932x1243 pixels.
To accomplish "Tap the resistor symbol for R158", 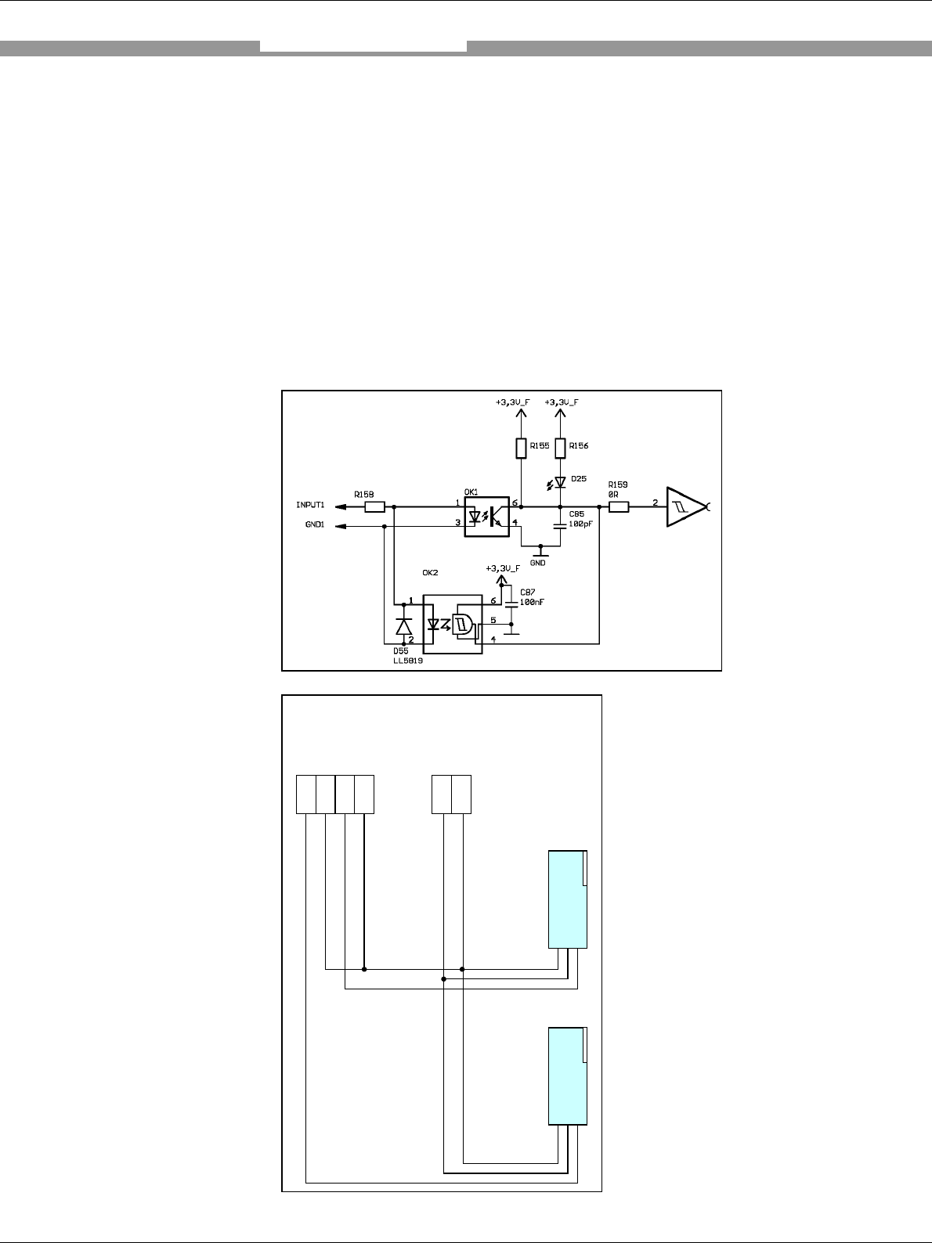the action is pos(375,506).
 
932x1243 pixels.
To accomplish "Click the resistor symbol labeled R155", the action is pos(521,448).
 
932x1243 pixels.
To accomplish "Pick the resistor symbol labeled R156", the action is pos(560,448).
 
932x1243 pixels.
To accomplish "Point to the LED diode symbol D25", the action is pos(560,482).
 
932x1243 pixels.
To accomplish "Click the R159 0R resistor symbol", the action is pos(619,506).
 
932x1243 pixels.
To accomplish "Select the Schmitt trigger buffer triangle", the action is pos(683,507).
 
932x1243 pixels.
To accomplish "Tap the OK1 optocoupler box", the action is pos(487,516).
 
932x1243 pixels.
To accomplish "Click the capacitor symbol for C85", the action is pos(560,525).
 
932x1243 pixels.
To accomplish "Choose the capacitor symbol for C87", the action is pos(511,603).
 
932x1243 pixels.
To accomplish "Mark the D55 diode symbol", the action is pos(404,626).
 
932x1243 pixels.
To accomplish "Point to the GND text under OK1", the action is pos(538,562).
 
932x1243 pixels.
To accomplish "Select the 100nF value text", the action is pos(533,602).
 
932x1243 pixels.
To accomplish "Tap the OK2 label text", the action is pos(430,573).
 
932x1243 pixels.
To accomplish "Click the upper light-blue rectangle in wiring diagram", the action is pos(567,899).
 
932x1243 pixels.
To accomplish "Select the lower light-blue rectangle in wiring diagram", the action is pos(567,1075).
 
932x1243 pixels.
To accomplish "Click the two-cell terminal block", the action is pos(452,794).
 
